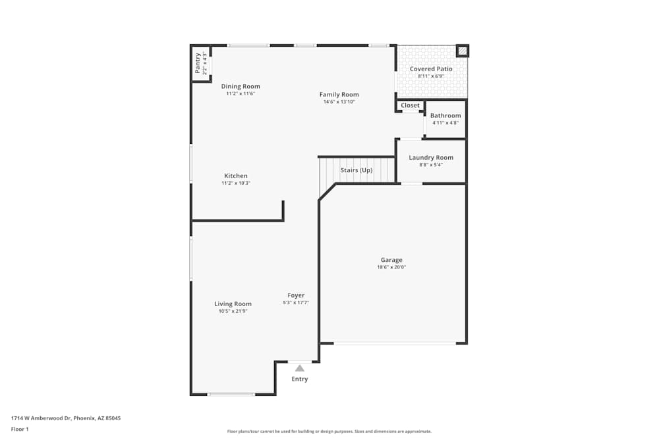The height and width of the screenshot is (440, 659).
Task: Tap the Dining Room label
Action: click(x=241, y=86)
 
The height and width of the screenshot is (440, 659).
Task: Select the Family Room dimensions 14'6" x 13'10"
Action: click(x=339, y=102)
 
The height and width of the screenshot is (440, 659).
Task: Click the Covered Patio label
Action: click(x=431, y=69)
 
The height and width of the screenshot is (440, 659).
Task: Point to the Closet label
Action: click(x=410, y=106)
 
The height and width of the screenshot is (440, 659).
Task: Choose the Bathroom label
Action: click(x=445, y=115)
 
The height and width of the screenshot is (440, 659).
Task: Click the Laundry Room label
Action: click(x=431, y=158)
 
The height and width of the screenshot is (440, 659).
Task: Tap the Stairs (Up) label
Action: click(x=357, y=170)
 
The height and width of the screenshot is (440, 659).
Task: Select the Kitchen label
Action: click(x=236, y=176)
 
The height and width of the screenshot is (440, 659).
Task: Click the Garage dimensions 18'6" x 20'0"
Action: click(x=391, y=267)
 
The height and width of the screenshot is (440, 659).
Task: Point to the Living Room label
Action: click(x=233, y=304)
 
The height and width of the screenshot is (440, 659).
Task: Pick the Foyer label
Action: click(x=296, y=296)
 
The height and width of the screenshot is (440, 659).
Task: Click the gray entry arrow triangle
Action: click(x=300, y=368)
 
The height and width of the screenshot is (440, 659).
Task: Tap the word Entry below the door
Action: click(x=300, y=379)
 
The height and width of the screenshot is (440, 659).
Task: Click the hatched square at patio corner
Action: click(x=463, y=51)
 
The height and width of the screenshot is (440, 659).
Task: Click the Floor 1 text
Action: click(x=20, y=429)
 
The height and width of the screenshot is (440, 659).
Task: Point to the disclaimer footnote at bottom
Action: click(x=329, y=431)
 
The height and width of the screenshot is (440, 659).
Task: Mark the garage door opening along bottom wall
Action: click(x=394, y=343)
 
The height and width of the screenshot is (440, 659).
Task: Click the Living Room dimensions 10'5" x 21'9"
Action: click(x=233, y=311)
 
